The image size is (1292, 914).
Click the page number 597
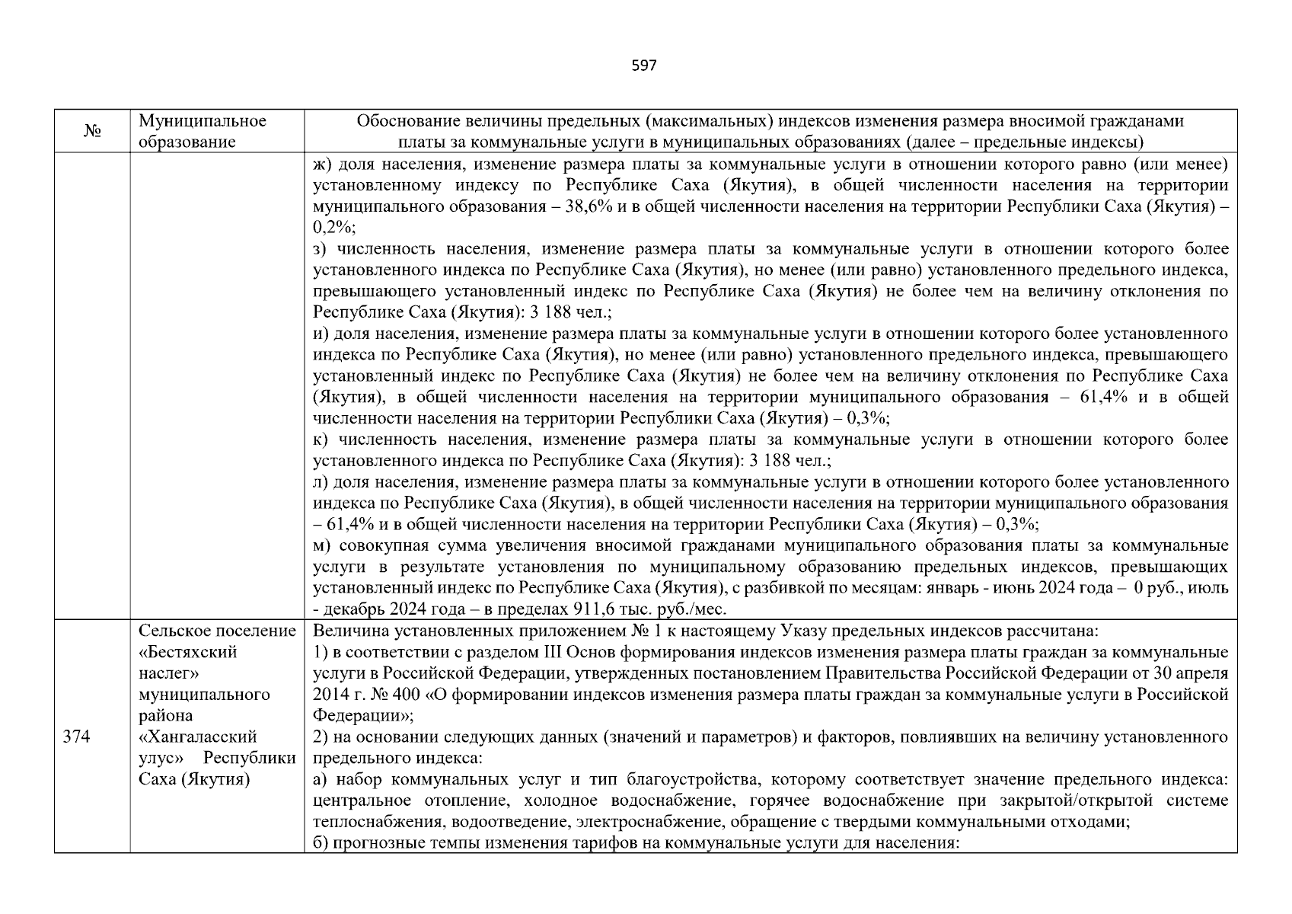pos(644,66)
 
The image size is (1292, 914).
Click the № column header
pos(92,132)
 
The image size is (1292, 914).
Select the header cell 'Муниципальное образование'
pos(203,131)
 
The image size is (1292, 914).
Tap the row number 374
pos(77,737)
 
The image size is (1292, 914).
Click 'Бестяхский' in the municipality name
pos(188,652)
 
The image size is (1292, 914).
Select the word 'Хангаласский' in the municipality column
pos(197,737)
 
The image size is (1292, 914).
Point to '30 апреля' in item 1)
pos(1198,673)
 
